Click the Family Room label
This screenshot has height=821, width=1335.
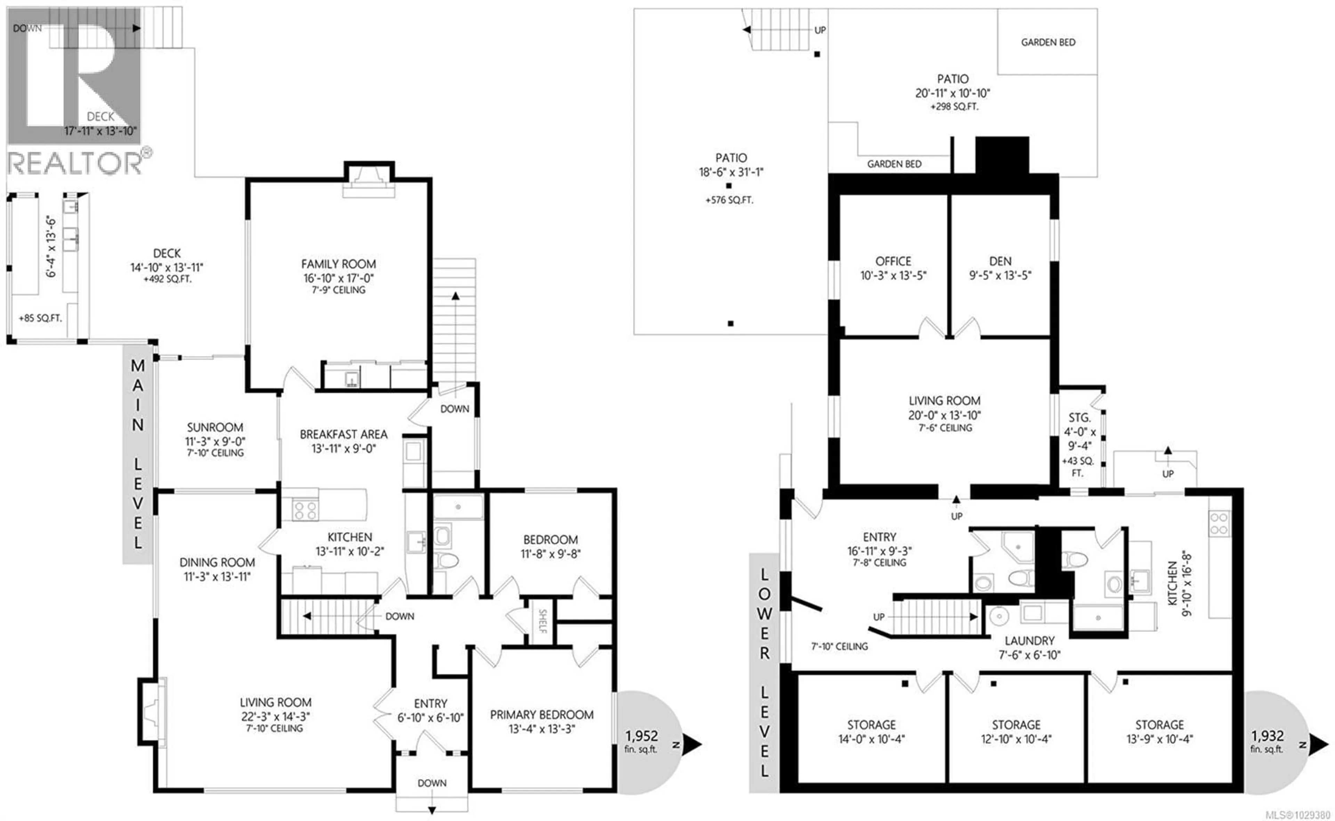point(338,264)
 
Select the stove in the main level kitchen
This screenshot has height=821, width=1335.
point(305,510)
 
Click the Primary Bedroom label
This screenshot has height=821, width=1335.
point(542,715)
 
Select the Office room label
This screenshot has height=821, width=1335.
point(893,261)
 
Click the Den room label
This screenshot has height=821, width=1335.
point(1000,261)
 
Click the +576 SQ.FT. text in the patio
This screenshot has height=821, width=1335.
point(729,200)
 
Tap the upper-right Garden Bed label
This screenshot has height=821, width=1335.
point(1048,42)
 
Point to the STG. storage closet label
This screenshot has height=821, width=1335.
point(1079,418)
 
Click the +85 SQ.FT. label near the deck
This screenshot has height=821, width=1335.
point(40,318)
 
